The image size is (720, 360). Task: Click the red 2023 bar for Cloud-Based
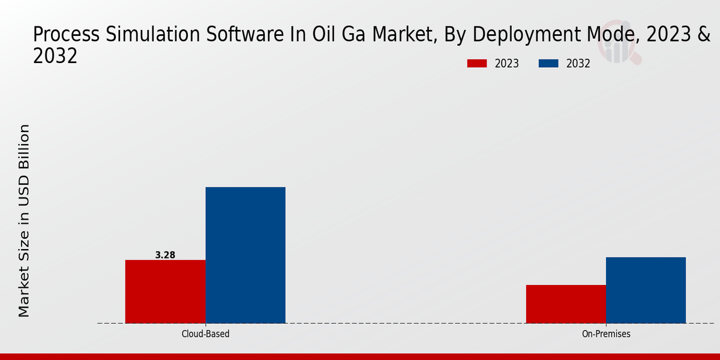[165, 292]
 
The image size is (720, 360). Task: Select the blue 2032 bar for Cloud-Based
[245, 255]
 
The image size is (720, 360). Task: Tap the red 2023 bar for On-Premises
[566, 304]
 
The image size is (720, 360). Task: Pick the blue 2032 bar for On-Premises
[646, 290]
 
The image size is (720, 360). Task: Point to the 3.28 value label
[165, 255]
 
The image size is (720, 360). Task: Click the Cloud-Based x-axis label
[205, 334]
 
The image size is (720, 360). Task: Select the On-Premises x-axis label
[606, 334]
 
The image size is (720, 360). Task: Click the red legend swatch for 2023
[477, 64]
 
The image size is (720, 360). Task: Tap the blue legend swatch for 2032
[548, 64]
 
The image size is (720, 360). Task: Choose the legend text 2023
[506, 64]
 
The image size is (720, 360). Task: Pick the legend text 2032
[578, 64]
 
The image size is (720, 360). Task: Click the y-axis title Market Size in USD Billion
[24, 221]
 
